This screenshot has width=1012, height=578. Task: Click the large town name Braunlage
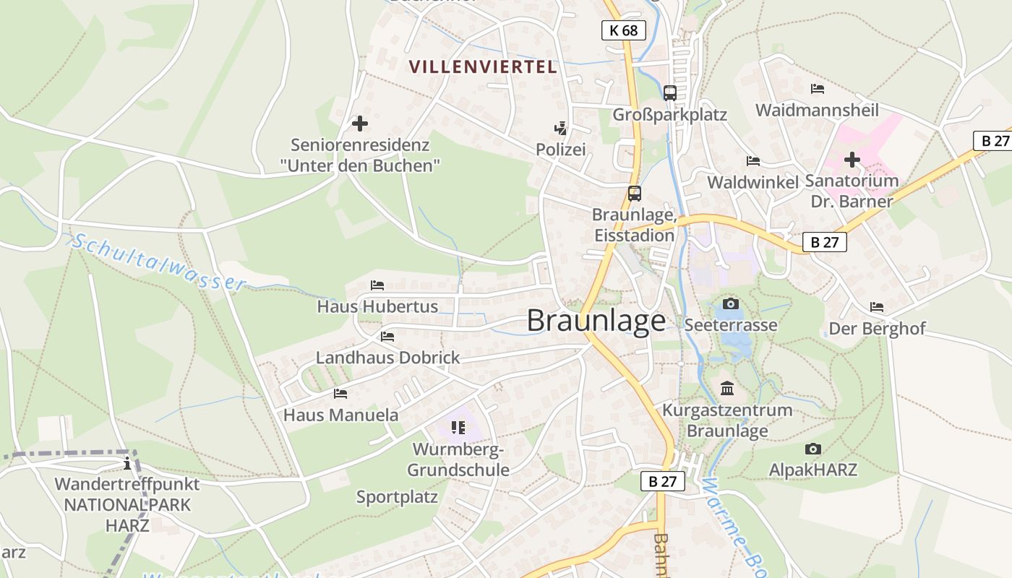pyautogui.click(x=596, y=320)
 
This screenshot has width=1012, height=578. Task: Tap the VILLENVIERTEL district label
pyautogui.click(x=483, y=67)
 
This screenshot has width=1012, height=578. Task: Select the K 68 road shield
pyautogui.click(x=623, y=30)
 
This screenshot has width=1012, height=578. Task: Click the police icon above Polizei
pyautogui.click(x=560, y=129)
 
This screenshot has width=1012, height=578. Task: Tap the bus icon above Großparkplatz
pyautogui.click(x=670, y=92)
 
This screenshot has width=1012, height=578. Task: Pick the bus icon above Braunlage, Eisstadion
pyautogui.click(x=634, y=194)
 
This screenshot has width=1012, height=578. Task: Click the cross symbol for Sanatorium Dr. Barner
pyautogui.click(x=852, y=159)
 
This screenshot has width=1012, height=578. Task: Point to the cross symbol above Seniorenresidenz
pyautogui.click(x=359, y=124)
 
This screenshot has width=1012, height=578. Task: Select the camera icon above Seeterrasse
pyautogui.click(x=731, y=303)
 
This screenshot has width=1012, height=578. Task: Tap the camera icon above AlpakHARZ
pyautogui.click(x=812, y=449)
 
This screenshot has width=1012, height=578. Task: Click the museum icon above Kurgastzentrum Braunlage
pyautogui.click(x=727, y=389)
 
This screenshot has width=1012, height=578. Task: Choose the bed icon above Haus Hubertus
pyautogui.click(x=377, y=285)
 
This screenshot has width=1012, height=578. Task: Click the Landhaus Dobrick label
pyautogui.click(x=387, y=358)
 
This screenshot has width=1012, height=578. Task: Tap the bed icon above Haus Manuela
pyautogui.click(x=340, y=394)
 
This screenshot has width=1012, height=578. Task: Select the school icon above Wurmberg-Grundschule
pyautogui.click(x=458, y=428)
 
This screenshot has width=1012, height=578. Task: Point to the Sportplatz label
pyautogui.click(x=397, y=497)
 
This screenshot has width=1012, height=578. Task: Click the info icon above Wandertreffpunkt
pyautogui.click(x=127, y=463)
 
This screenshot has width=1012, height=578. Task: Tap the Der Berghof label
pyautogui.click(x=877, y=329)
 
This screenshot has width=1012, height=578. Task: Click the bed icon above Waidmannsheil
pyautogui.click(x=818, y=89)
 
